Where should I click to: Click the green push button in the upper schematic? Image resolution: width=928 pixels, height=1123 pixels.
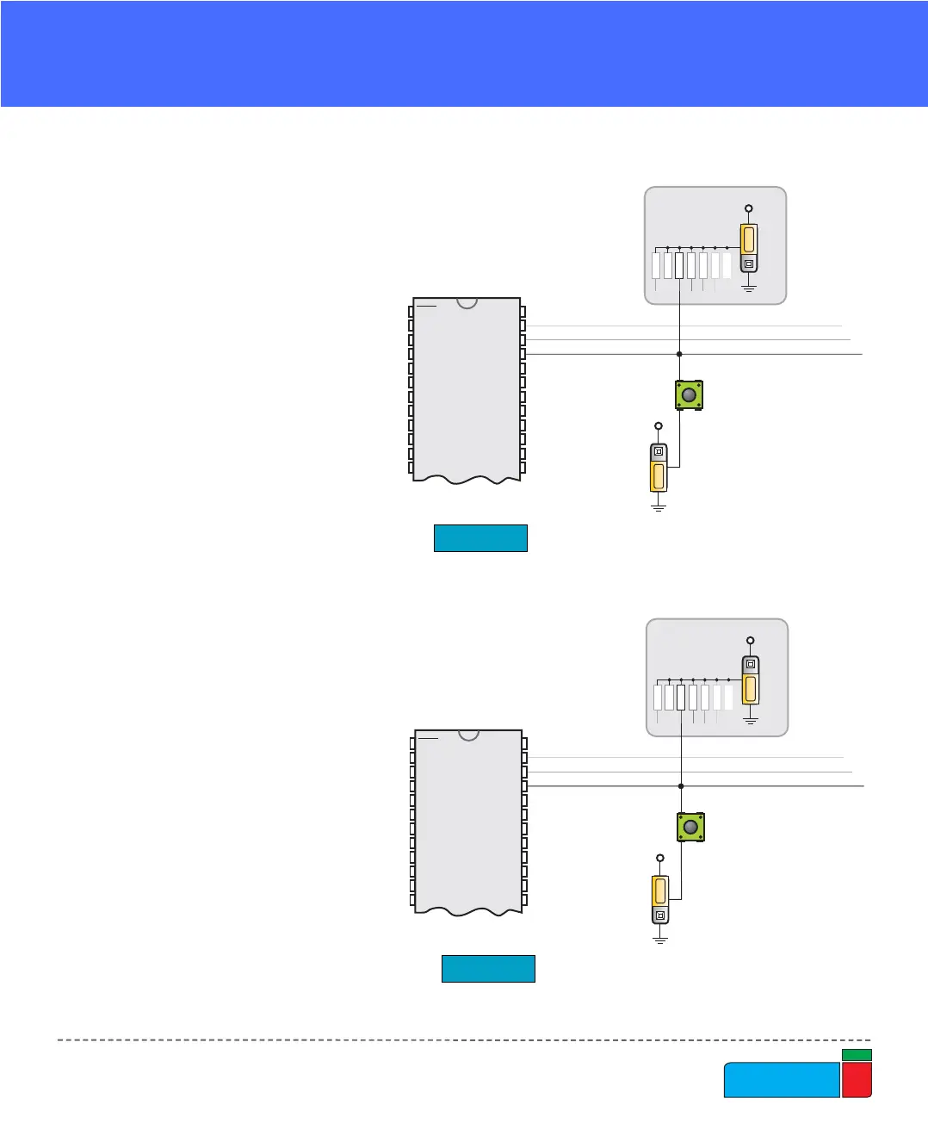pos(689,395)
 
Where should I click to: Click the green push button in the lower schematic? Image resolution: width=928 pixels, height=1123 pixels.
pos(690,828)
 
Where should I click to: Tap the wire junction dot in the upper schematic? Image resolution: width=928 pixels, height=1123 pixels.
pos(679,354)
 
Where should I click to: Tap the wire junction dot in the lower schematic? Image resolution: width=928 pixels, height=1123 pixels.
pos(681,786)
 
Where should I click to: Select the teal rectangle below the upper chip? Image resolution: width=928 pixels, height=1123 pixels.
pos(480,537)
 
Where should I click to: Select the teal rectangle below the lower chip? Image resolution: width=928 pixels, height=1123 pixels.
pos(488,969)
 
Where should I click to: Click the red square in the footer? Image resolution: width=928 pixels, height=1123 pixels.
pos(857,1080)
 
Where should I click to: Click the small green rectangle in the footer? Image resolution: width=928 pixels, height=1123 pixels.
pos(857,1055)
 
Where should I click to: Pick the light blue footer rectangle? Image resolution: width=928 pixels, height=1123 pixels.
pos(782,1080)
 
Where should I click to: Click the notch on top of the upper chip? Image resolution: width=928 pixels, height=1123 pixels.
pos(467,302)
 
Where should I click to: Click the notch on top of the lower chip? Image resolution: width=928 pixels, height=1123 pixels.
pos(468,734)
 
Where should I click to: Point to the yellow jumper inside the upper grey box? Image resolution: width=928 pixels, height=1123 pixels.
pos(749,239)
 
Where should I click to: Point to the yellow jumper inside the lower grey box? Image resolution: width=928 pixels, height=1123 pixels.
pos(751,688)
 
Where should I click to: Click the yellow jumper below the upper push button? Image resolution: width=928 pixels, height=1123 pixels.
pos(659,476)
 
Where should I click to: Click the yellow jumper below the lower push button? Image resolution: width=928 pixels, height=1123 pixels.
pos(660,890)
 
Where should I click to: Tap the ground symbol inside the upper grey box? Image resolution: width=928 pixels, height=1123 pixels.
pos(749,288)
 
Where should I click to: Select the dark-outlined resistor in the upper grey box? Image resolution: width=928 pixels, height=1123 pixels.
pos(679,265)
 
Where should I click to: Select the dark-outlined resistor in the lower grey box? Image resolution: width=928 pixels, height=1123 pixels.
pos(681,697)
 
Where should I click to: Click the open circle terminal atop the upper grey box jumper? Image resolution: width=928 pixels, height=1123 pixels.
pos(749,208)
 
